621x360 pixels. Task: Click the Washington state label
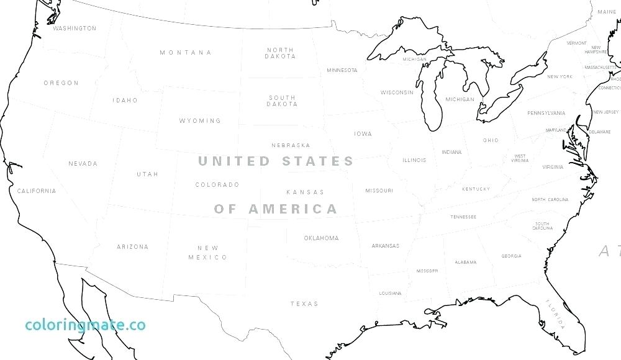pyautogui.click(x=75, y=29)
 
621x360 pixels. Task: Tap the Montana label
pyautogui.click(x=185, y=53)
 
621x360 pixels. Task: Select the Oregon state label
pyautogui.click(x=61, y=83)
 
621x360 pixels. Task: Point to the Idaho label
pyautogui.click(x=125, y=101)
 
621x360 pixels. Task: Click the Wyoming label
pyautogui.click(x=200, y=121)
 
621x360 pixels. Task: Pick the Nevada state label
pyautogui.click(x=83, y=164)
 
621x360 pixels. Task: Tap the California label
pyautogui.click(x=36, y=191)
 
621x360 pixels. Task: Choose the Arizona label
pyautogui.click(x=132, y=247)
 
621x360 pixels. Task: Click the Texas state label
pyautogui.click(x=304, y=304)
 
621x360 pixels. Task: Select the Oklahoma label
pyautogui.click(x=321, y=238)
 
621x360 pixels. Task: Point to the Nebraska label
pyautogui.click(x=290, y=146)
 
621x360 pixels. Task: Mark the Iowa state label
pyautogui.click(x=363, y=134)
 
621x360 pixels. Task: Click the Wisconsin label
pyautogui.click(x=397, y=93)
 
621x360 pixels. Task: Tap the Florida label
pyautogui.click(x=555, y=313)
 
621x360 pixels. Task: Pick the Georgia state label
pyautogui.click(x=511, y=256)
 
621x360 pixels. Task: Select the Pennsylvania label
pyautogui.click(x=546, y=114)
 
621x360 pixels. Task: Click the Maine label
pyautogui.click(x=607, y=12)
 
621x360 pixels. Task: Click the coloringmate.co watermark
pyautogui.click(x=85, y=325)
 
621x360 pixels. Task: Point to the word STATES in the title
pyautogui.click(x=318, y=161)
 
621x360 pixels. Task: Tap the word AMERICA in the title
pyautogui.click(x=293, y=209)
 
